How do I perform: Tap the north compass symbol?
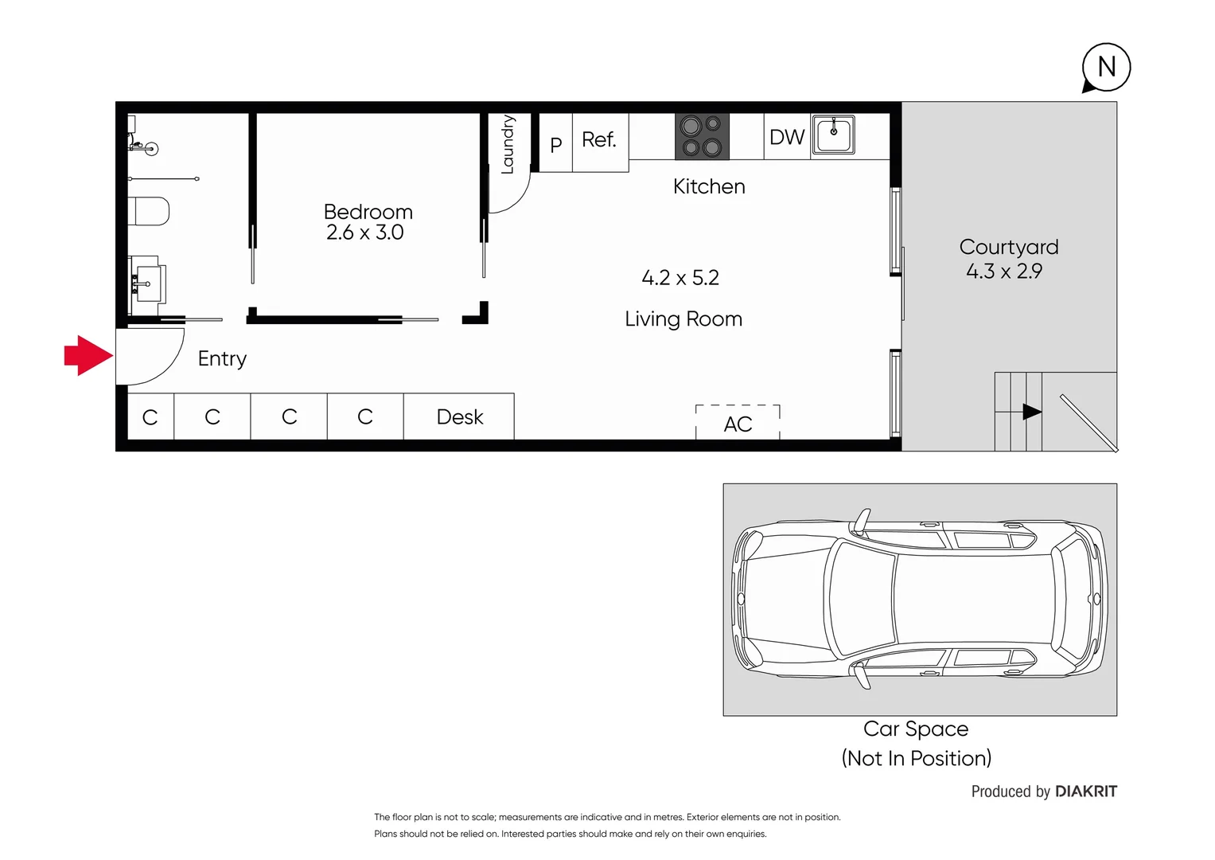1106,68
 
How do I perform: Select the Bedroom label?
368,212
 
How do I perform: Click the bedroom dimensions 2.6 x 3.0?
364,233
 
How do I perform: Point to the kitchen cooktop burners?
702,136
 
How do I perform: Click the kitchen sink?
833,135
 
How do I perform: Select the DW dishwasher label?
787,137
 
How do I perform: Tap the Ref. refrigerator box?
600,141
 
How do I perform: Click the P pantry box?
555,144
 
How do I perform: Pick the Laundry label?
507,144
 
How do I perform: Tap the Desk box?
459,417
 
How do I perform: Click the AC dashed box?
738,423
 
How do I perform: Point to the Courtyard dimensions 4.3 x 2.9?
1003,272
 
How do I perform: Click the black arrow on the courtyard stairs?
1031,412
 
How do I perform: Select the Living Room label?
683,319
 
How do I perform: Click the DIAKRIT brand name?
1085,792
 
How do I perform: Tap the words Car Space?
915,729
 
